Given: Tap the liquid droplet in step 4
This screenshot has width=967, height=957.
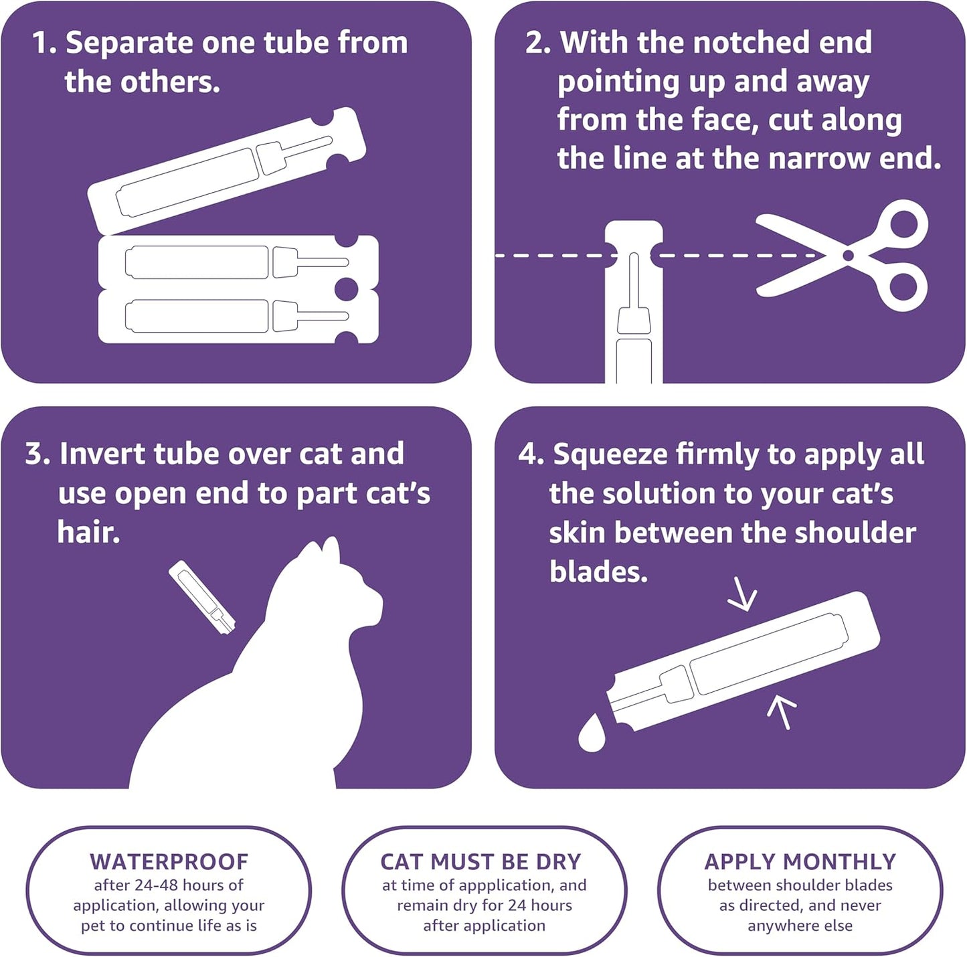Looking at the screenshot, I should [592, 734].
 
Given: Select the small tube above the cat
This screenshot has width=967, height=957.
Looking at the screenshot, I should [201, 597].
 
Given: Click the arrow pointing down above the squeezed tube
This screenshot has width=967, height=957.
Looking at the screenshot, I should [743, 595].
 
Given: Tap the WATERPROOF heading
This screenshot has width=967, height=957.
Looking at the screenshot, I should [169, 861].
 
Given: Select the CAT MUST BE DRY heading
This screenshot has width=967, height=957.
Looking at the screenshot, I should [480, 861].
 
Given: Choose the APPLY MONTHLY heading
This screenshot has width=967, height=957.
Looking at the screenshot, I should [800, 861].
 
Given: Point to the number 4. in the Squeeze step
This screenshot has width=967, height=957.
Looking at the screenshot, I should [531, 455].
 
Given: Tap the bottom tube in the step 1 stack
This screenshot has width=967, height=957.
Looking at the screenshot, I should [238, 317].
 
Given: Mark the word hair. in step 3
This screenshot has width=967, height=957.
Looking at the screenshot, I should [88, 533].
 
